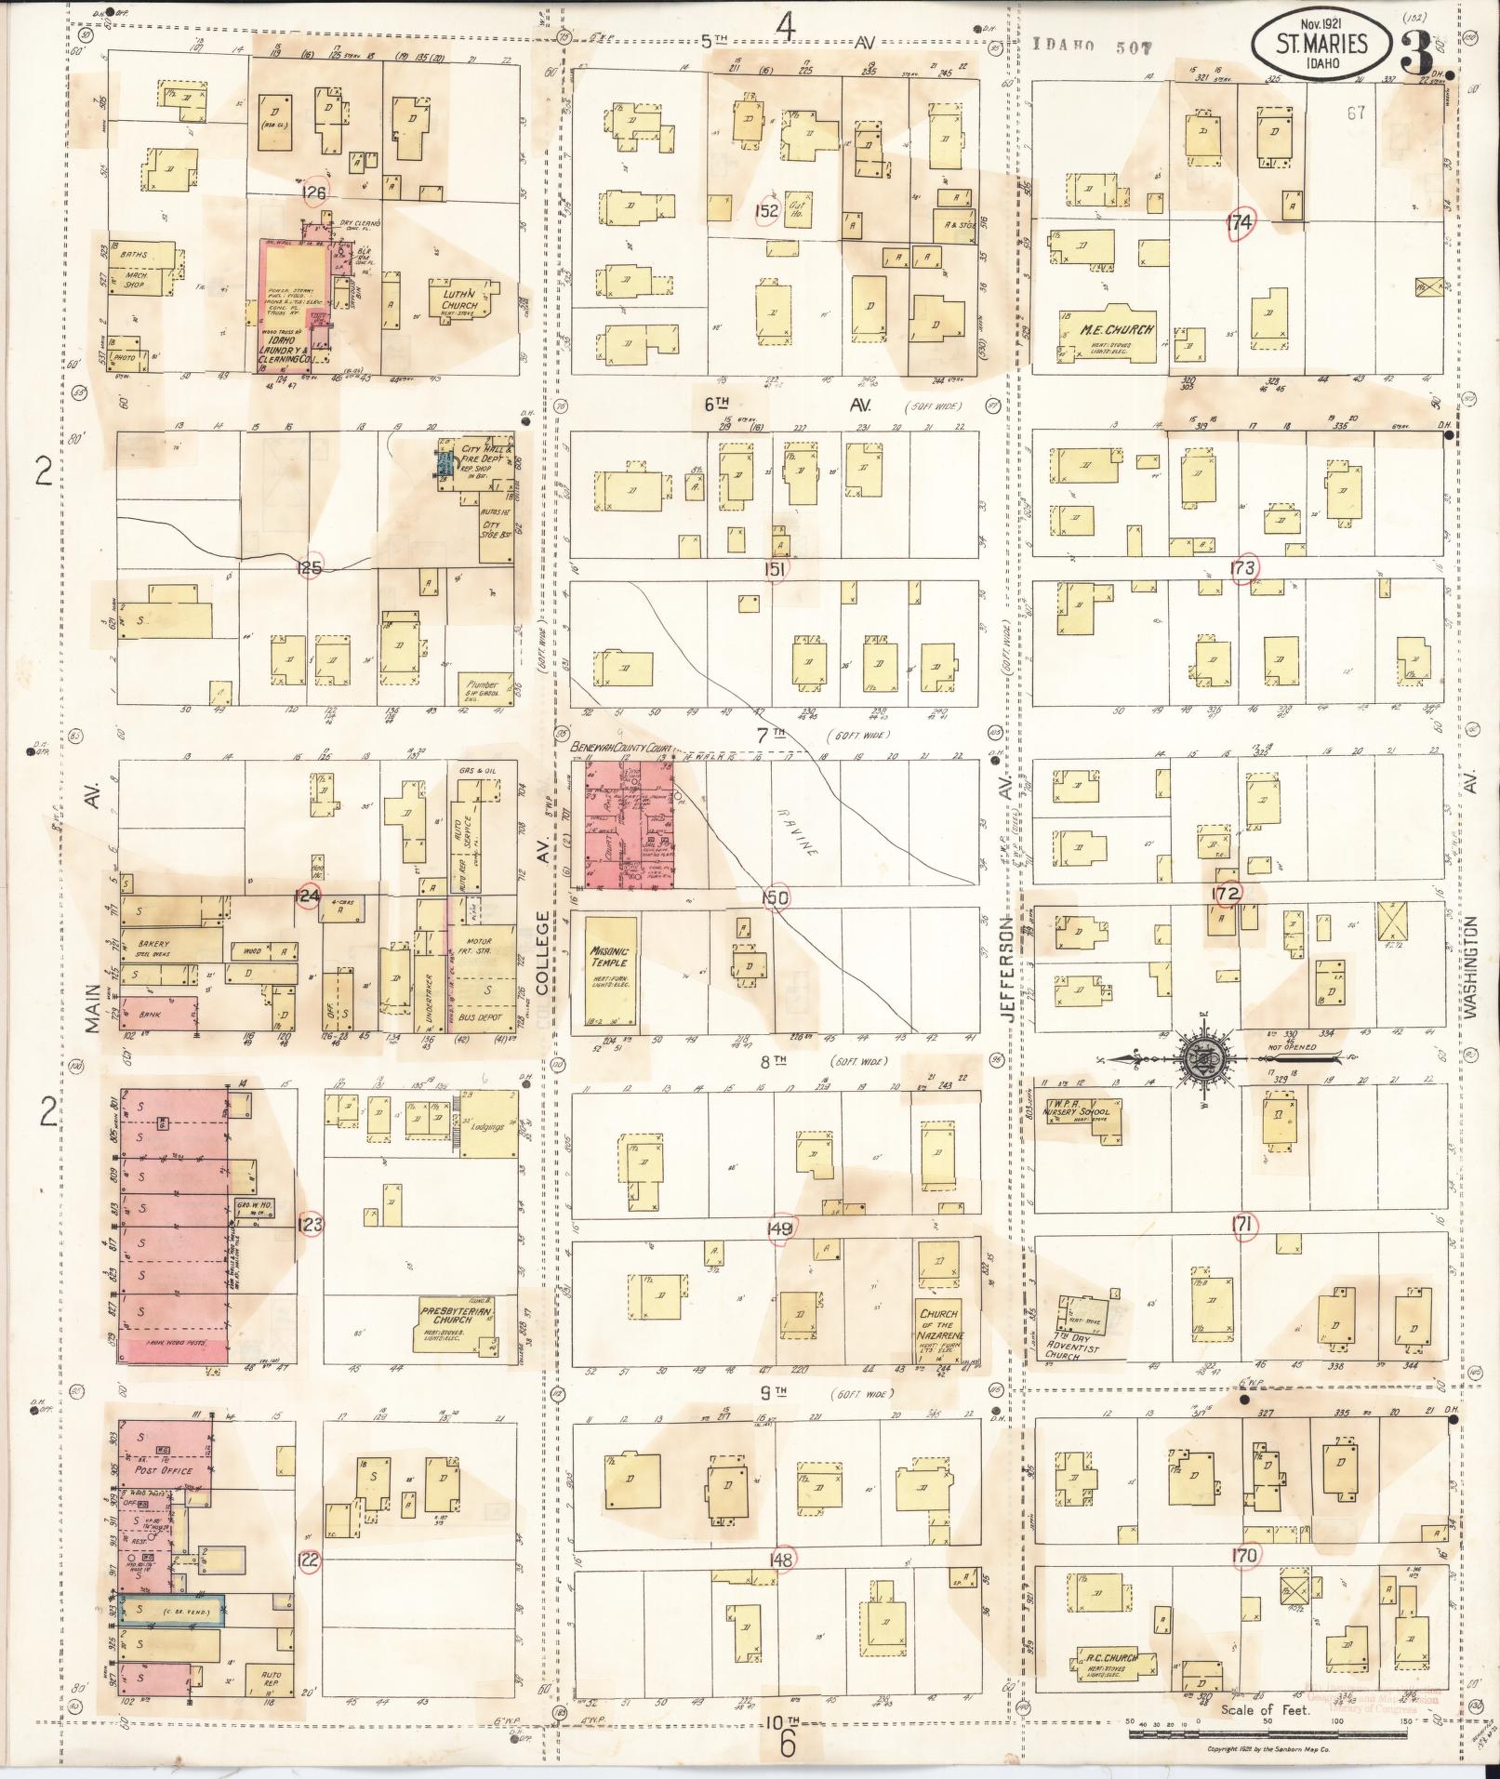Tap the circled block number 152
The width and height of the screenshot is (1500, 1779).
(766, 211)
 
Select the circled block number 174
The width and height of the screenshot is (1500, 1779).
(1241, 222)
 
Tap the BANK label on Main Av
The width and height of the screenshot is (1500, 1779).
(147, 1014)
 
